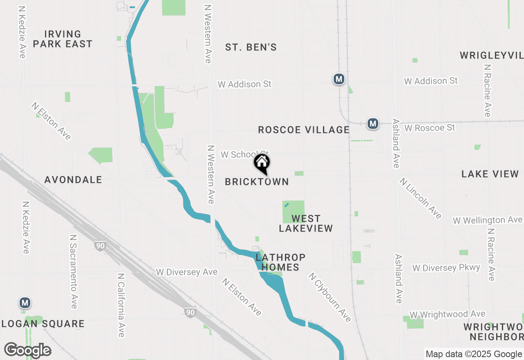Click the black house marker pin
pos(262,163)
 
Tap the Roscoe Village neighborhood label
pos(304,130)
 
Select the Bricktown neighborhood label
pos(257,182)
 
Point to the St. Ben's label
pos(251,47)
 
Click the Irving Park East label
pos(63,39)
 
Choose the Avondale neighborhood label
pos(73,180)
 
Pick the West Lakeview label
pos(306,223)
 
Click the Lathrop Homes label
pos(280,262)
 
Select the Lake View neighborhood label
pos(490,174)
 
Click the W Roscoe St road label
pos(429,128)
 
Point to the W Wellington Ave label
pos(487,220)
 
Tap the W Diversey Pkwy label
pos(446,268)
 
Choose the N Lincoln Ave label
pos(421,198)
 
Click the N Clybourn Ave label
pos(330,297)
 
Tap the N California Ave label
pos(121,305)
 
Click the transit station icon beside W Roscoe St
pos(372,123)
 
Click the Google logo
pos(27,350)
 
